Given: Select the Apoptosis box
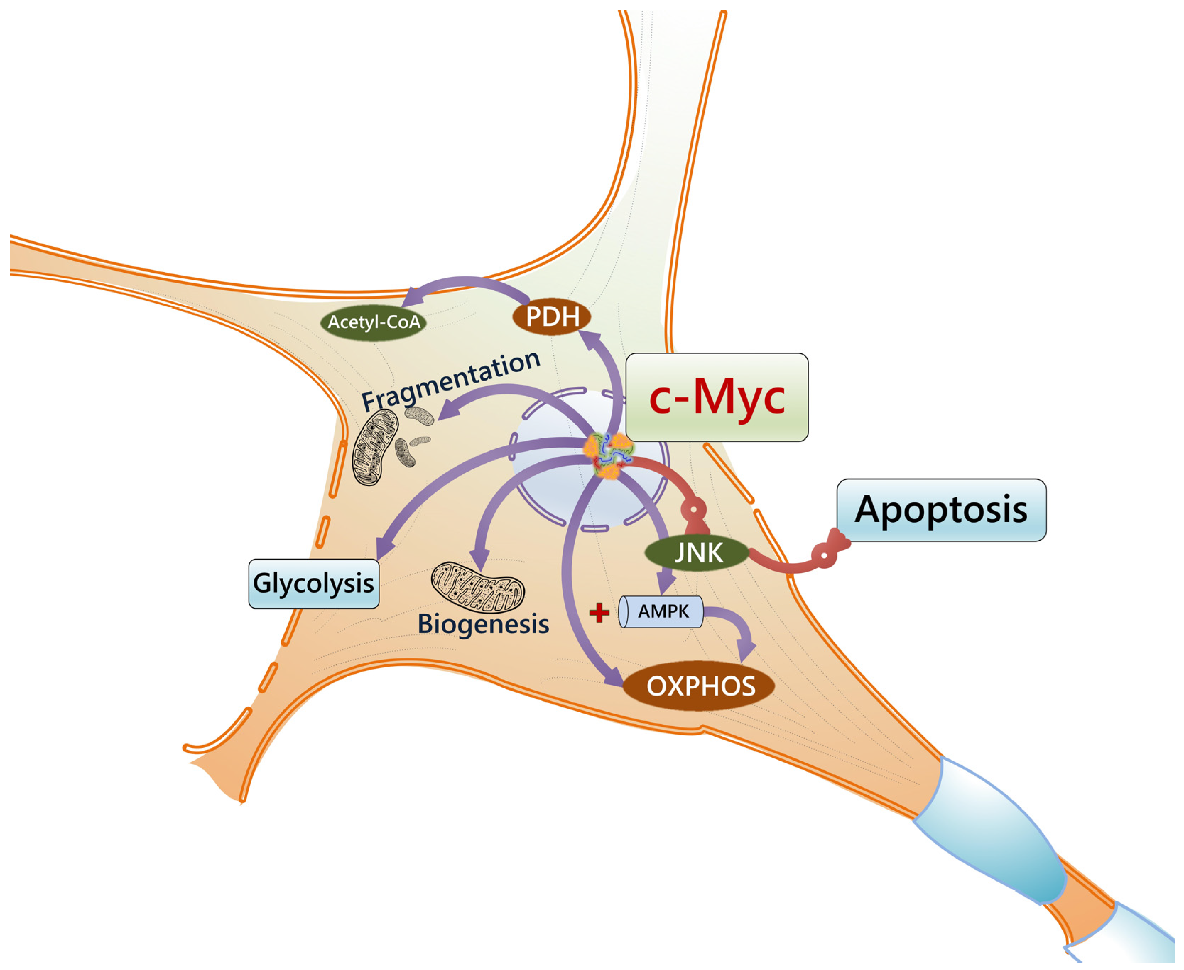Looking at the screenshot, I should click(x=941, y=509).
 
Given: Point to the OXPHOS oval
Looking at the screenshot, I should click(x=700, y=686).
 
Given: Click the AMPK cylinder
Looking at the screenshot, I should click(x=661, y=611).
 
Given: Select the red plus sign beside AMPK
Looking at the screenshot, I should click(x=599, y=613).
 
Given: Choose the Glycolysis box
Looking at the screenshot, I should click(x=314, y=583).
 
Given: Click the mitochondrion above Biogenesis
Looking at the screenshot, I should click(x=478, y=587).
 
